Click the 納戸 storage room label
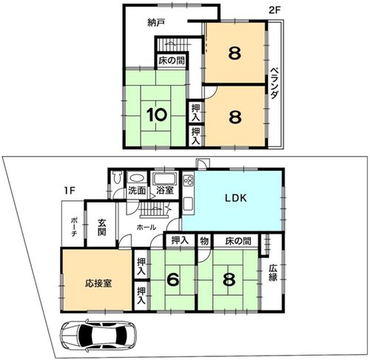point(156,23)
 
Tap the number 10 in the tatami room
point(157,115)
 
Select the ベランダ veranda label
point(274,84)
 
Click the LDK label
point(235,198)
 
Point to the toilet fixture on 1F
point(116,177)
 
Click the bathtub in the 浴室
point(164,179)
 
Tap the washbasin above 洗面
point(136,178)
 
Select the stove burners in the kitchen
point(188,180)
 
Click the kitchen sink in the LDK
point(188,204)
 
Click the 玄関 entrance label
point(101,227)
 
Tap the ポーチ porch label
point(73,227)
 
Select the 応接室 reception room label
point(98,283)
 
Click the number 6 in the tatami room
point(174,280)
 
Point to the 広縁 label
point(273,273)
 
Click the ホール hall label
point(147,227)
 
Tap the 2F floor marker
point(275,10)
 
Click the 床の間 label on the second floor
point(172,61)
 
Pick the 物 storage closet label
point(204,241)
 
